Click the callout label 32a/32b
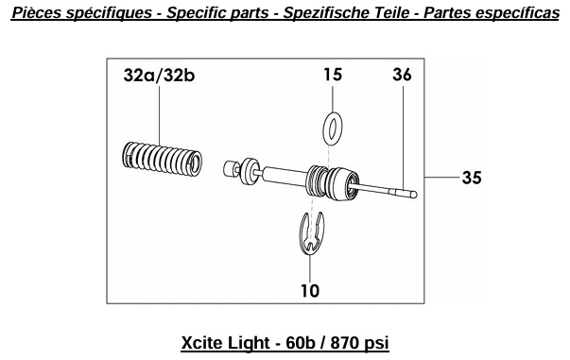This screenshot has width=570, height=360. tap(159, 76)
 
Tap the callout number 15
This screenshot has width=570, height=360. tap(333, 75)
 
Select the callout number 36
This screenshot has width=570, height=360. tap(402, 75)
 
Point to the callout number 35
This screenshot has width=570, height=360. tap(472, 178)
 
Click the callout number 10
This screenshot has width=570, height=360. tap(310, 291)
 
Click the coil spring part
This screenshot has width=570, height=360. tap(163, 159)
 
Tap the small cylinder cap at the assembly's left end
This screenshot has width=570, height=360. tap(230, 170)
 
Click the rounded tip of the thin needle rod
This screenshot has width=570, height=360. tap(414, 195)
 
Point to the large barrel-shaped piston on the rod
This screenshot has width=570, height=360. tap(340, 184)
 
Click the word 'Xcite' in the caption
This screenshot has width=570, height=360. tap(200, 343)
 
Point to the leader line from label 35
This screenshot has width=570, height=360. tap(441, 178)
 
